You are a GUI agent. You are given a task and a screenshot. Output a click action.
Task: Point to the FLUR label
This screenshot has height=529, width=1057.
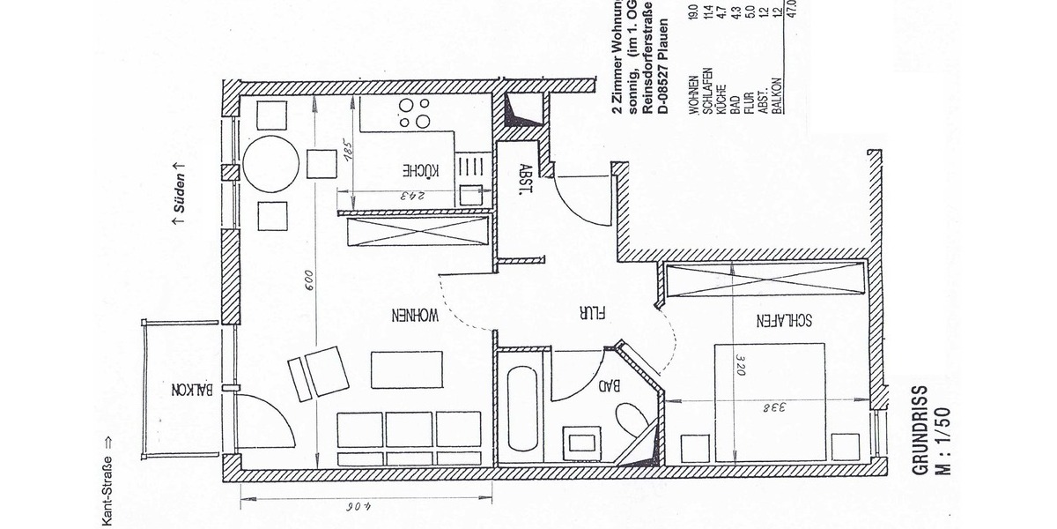pyautogui.click(x=583, y=312)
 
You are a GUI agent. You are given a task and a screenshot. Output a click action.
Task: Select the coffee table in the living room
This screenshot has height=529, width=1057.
pyautogui.click(x=404, y=369)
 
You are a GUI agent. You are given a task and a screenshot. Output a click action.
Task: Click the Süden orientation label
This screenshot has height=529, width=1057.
pyautogui.click(x=179, y=197)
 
